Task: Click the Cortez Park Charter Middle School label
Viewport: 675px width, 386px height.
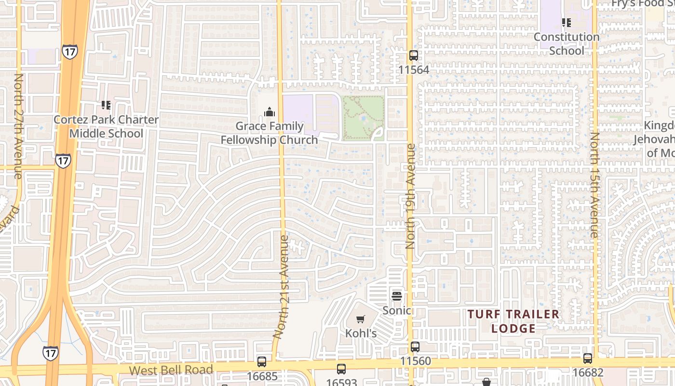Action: [106, 126]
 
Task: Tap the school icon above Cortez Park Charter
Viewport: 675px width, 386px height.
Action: [106, 105]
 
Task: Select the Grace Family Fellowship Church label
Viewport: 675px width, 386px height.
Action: [269, 133]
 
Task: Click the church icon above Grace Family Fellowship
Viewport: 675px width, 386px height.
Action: [269, 112]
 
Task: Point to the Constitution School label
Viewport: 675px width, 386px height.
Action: [567, 43]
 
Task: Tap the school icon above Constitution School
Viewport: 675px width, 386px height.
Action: [567, 23]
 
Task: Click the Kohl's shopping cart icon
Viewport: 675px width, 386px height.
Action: [360, 319]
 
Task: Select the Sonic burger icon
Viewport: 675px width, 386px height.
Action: [397, 296]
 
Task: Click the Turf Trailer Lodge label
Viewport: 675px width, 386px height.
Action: [513, 321]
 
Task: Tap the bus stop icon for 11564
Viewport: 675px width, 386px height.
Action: [413, 55]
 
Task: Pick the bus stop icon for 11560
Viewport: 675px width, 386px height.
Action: [415, 346]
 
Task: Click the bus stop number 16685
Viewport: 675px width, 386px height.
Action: [262, 376]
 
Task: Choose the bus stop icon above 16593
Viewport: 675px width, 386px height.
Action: [341, 369]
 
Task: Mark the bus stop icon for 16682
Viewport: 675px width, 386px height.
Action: [588, 358]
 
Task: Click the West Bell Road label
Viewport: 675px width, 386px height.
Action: [171, 371]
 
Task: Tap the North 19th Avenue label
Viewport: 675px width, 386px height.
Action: [410, 196]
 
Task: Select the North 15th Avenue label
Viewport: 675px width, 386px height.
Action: [594, 185]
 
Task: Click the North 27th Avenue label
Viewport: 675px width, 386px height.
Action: [18, 126]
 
